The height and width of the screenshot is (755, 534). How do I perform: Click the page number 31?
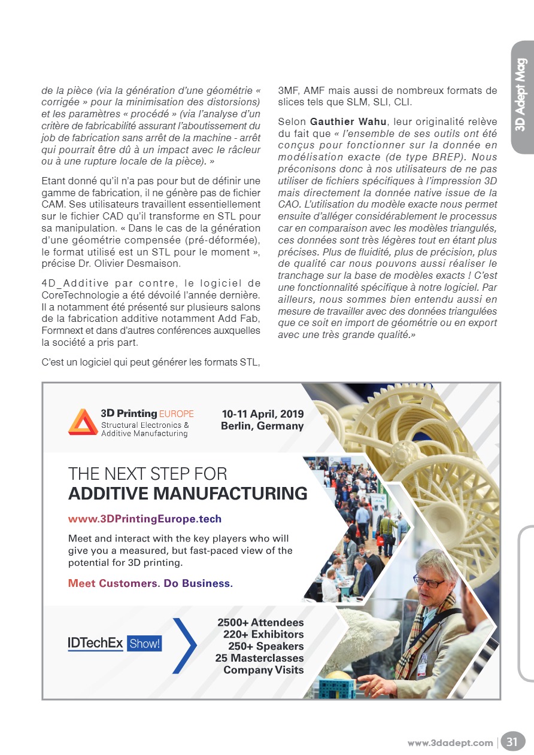click(512, 742)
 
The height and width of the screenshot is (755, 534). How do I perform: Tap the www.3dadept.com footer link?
click(450, 742)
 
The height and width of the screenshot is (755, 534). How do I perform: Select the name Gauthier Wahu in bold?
click(348, 123)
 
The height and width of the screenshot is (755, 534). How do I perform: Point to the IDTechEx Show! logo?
click(114, 643)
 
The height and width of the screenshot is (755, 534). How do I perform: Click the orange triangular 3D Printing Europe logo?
click(83, 422)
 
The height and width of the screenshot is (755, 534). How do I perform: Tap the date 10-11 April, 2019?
click(262, 414)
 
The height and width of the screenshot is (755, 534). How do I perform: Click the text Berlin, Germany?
click(262, 426)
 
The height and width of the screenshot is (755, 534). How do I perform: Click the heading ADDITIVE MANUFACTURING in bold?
click(187, 494)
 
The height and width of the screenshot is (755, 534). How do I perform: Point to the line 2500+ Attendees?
click(260, 623)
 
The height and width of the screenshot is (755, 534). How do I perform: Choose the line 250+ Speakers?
click(266, 646)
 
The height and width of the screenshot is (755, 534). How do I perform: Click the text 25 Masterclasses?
click(259, 658)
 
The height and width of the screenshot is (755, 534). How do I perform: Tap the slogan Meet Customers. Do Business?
click(150, 583)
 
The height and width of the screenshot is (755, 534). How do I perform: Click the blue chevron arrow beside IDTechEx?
click(186, 645)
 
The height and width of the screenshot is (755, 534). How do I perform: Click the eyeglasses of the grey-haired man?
click(429, 581)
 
